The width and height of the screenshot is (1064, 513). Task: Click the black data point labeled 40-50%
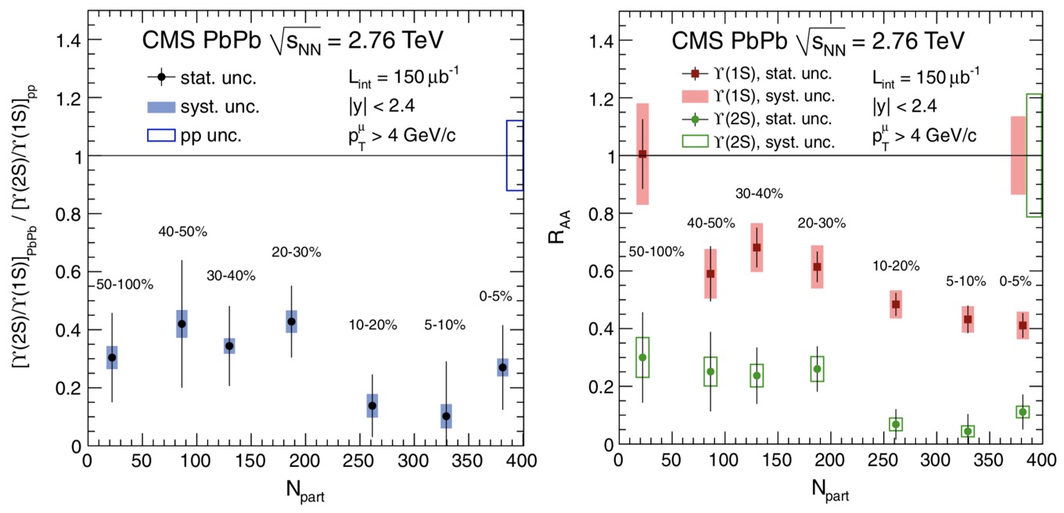tap(182, 324)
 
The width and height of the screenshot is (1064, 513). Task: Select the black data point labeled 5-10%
tap(446, 416)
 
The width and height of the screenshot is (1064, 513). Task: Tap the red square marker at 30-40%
tap(757, 247)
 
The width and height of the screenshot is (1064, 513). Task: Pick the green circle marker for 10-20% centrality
tap(896, 424)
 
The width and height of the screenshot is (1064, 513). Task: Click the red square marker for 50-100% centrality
tap(642, 154)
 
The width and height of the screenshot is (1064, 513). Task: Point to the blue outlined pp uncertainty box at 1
tap(514, 156)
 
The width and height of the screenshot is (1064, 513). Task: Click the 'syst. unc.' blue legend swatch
tap(160, 106)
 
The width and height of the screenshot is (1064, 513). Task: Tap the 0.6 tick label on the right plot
tap(602, 271)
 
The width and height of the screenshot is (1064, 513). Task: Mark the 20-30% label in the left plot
tap(297, 252)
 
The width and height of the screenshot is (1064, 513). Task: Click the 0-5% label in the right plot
tap(1015, 282)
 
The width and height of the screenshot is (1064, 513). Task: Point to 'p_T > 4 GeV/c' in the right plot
tap(927, 135)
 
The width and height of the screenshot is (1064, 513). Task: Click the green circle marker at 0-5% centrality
tap(1023, 412)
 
